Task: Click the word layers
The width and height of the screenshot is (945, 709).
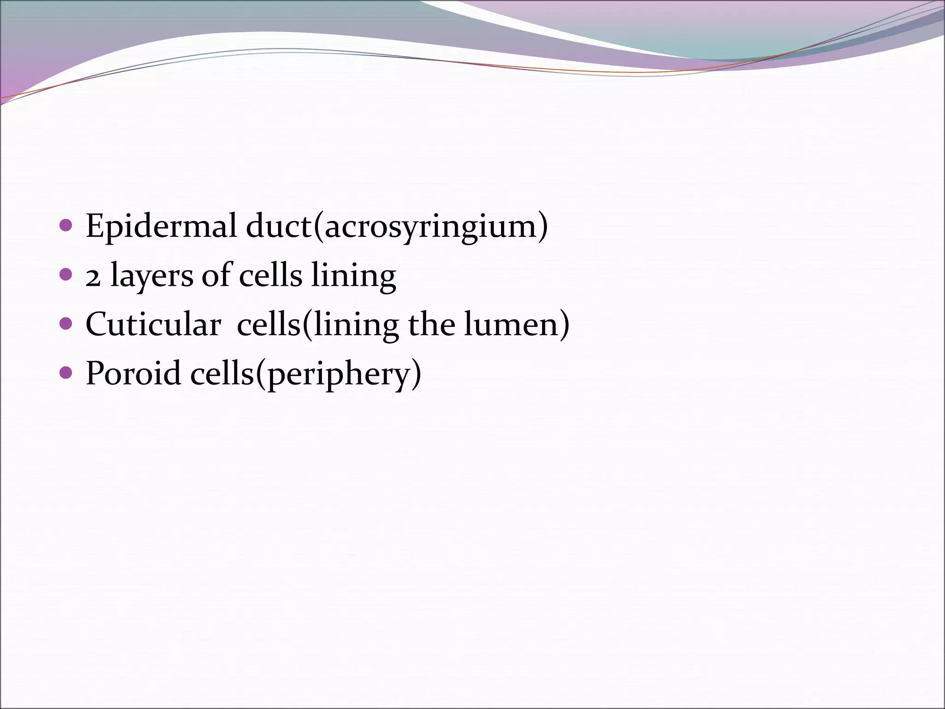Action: (x=152, y=276)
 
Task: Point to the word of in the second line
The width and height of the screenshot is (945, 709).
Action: (x=216, y=275)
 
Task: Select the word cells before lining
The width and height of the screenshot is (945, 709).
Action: (x=270, y=275)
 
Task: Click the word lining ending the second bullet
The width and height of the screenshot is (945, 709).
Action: (x=353, y=276)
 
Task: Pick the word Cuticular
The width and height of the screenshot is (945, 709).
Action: (x=153, y=324)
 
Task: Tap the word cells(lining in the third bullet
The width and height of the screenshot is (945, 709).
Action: (x=318, y=324)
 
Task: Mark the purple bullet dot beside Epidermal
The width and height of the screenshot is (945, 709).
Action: (x=66, y=226)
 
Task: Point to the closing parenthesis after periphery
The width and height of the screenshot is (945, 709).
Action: (x=416, y=374)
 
